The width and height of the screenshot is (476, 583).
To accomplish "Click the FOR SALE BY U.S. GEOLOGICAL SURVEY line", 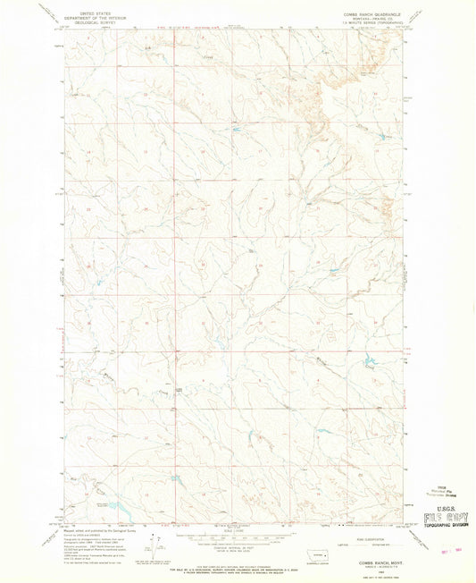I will (235, 562).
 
